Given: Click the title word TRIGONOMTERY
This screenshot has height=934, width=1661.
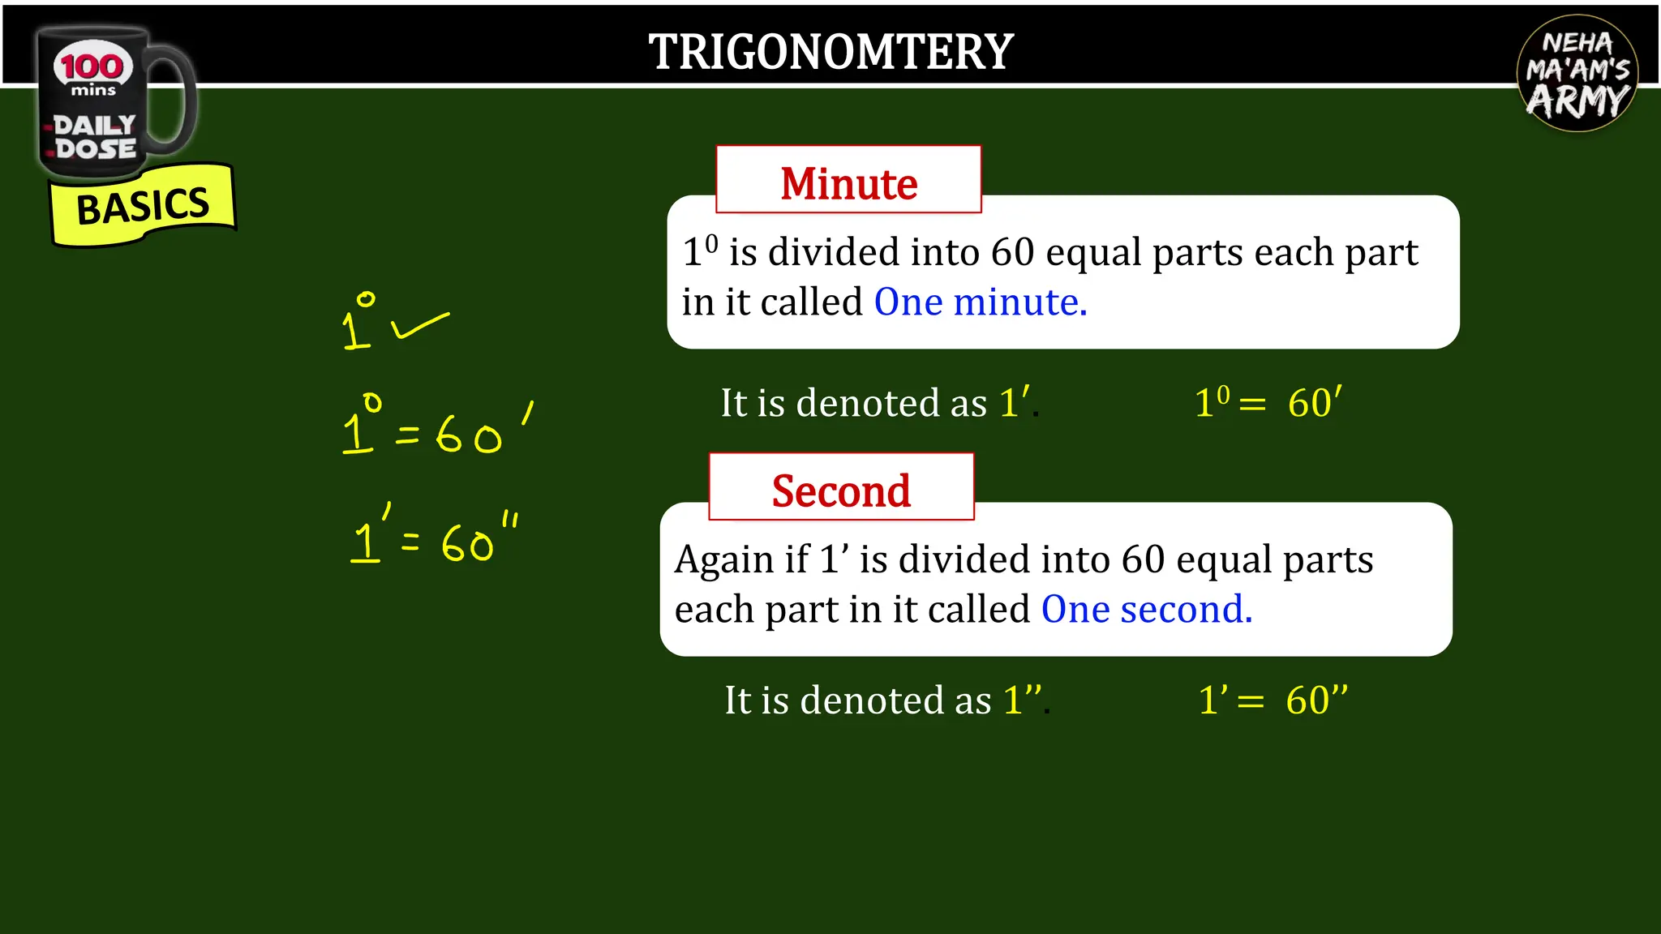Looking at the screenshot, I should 830,52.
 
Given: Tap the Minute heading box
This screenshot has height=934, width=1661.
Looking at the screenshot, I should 848,180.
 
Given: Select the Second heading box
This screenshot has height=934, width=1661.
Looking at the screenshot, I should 841,487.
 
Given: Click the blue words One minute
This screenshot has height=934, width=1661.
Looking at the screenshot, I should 980,302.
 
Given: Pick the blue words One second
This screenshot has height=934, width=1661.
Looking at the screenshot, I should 1146,609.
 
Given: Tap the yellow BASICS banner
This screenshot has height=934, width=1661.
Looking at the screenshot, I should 143,205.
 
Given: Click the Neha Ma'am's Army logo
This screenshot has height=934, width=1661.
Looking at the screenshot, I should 1577,73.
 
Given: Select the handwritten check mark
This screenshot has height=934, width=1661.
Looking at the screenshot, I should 418,326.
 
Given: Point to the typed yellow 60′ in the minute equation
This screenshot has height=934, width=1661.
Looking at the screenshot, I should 1314,402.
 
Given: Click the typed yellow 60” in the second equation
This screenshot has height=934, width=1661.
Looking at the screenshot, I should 1315,700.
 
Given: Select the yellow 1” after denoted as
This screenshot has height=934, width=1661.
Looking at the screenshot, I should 1022,699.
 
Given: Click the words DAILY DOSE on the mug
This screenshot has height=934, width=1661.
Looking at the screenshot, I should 95,137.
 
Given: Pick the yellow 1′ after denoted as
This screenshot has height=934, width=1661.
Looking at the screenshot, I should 1014,402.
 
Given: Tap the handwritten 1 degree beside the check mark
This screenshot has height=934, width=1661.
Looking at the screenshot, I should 358,323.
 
